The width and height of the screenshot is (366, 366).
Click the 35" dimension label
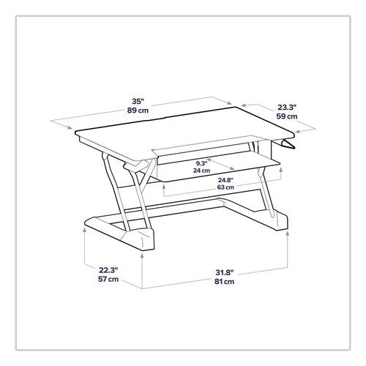pos(138,101)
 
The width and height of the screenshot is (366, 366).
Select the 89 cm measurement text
pos(138,111)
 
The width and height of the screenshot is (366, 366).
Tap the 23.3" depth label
pos(287,107)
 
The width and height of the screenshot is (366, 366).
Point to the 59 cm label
pos(287,116)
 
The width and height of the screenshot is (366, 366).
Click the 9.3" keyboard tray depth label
pos(201,163)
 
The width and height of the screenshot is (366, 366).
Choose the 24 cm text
pos(201,171)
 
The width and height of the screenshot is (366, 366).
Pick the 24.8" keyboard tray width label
pos(225,180)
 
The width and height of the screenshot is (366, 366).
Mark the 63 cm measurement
pos(225,187)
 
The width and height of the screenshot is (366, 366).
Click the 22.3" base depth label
pos(108,270)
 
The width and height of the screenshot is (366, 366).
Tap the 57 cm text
pos(108,279)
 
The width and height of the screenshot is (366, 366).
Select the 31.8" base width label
pos(225,272)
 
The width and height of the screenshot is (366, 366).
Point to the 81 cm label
pos(225,281)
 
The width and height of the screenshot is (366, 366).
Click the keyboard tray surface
pos(214,168)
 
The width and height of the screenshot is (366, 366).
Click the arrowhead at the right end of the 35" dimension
pos(229,103)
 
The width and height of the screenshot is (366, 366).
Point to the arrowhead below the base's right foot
pos(288,234)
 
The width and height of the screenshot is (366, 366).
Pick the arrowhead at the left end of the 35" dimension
pos(70,127)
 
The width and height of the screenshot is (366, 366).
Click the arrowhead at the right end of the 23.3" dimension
pos(298,132)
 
